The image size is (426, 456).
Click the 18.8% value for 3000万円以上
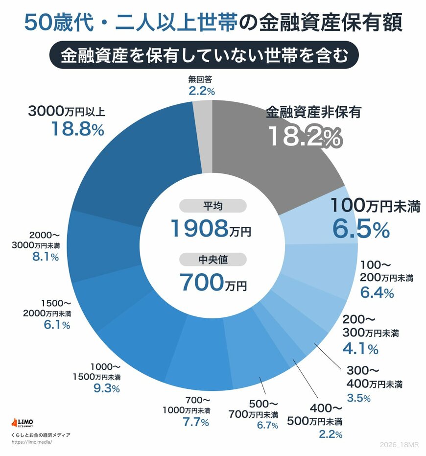point(77,129)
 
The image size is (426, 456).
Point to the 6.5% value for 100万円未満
point(361,229)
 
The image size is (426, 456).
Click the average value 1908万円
point(210,228)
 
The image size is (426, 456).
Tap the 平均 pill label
point(213,206)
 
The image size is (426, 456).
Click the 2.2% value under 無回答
point(201,91)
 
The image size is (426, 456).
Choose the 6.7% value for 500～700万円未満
point(267,425)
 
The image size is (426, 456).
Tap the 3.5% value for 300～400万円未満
point(358,398)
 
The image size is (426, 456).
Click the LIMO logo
point(24,422)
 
